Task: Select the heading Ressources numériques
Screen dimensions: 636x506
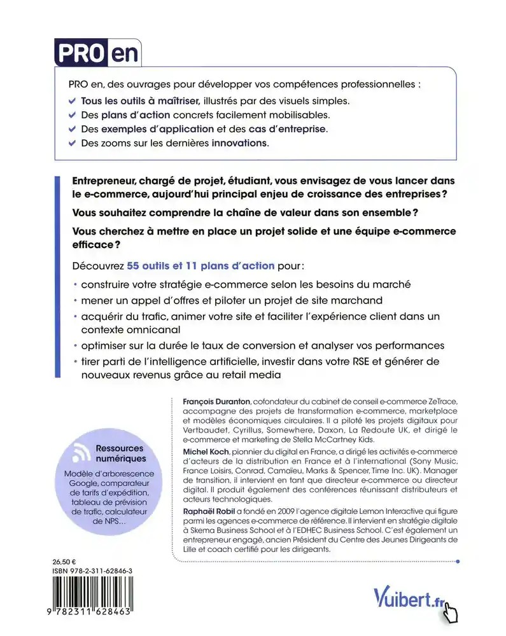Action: coord(120,453)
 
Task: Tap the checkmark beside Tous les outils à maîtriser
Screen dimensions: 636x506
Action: coord(71,100)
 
